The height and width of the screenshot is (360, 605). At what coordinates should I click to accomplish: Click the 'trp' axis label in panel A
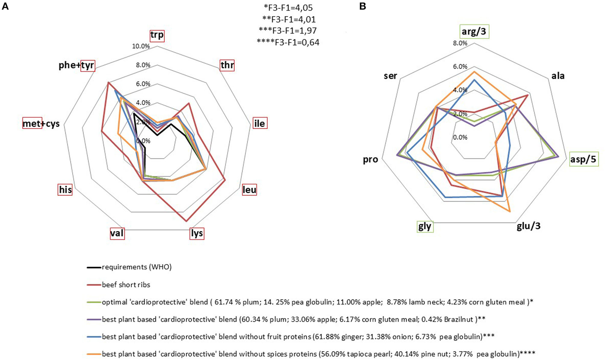(x=157, y=35)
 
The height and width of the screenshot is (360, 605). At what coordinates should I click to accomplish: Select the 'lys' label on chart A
(x=197, y=233)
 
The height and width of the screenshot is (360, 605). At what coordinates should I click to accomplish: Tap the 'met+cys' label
(x=41, y=124)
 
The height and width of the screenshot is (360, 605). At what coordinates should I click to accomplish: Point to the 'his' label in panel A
(x=65, y=189)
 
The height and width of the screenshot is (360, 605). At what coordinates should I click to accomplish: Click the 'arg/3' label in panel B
(x=474, y=32)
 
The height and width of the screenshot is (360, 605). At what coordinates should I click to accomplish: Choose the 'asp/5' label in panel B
(x=584, y=159)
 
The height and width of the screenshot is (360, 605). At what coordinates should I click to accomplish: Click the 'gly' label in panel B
(x=425, y=226)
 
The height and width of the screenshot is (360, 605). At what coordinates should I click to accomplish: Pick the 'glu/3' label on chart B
(x=529, y=226)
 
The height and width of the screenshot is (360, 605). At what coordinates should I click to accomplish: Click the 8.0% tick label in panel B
(x=460, y=43)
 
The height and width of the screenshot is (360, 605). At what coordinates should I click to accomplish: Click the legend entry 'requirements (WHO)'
(x=137, y=267)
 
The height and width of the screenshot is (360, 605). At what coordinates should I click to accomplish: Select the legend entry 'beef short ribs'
(x=126, y=285)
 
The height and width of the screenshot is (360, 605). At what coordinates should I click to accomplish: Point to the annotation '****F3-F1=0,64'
(x=288, y=42)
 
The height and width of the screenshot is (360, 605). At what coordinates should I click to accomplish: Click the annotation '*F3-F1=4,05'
(x=288, y=8)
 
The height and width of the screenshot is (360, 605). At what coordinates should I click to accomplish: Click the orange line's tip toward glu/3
(x=510, y=212)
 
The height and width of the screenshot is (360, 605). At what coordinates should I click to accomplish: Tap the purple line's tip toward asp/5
(x=558, y=157)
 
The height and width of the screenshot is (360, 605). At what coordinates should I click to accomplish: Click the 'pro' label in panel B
(x=370, y=159)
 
